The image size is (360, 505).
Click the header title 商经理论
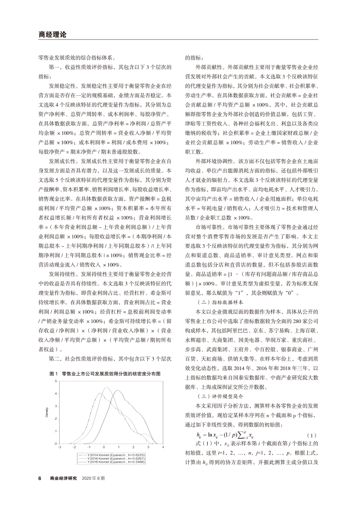[52, 35]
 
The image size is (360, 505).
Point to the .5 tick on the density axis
[55, 381]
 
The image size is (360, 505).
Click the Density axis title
[47, 412]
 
